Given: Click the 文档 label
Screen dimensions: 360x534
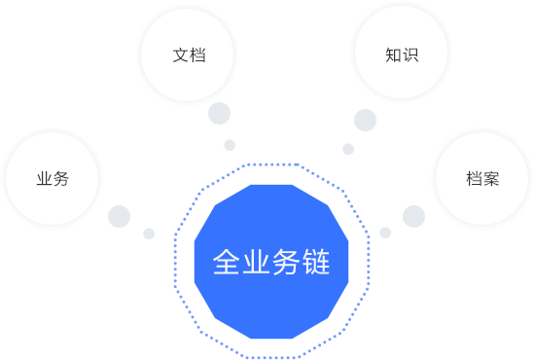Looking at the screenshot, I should (189, 55).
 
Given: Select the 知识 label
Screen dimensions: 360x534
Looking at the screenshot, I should (401, 55).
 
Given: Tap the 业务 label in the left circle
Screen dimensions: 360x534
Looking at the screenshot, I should (53, 179).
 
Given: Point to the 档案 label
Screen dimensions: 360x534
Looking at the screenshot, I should (482, 179).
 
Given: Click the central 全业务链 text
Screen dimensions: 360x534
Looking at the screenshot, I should (271, 262).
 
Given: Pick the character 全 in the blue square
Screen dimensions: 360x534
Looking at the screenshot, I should (227, 262).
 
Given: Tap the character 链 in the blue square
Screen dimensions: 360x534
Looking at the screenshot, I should (316, 262).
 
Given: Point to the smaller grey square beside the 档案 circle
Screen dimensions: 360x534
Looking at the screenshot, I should (385, 233).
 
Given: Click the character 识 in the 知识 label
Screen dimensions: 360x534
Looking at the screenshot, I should (409, 55).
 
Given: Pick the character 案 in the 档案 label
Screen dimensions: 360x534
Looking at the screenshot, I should (491, 179).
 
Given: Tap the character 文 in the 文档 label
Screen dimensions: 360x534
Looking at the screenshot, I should (180, 55).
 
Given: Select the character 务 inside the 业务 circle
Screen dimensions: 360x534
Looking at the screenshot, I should (61, 179).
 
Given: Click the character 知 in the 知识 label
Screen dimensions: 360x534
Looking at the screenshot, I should (392, 55).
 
